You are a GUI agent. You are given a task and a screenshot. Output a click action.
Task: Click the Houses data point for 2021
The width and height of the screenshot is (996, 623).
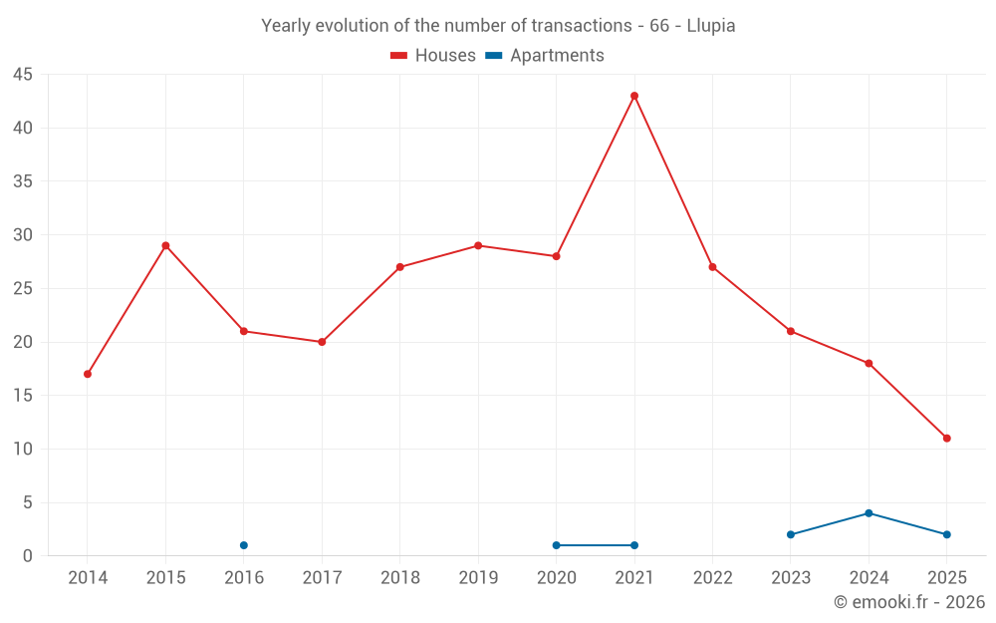tap(634, 96)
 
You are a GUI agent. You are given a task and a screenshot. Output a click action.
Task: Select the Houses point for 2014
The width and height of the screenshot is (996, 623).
tap(88, 374)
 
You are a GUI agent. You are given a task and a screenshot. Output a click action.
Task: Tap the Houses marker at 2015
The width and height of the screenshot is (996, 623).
tap(165, 245)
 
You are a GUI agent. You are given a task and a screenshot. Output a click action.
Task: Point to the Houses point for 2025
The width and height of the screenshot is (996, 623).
tap(946, 438)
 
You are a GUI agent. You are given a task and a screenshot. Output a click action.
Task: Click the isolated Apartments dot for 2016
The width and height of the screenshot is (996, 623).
tap(244, 545)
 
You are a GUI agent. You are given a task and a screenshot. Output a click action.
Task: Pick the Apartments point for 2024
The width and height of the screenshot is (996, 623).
tap(869, 513)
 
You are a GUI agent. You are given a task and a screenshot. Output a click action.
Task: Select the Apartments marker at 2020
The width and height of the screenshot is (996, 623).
tap(556, 545)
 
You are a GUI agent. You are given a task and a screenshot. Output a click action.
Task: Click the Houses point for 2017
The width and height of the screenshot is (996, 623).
tap(322, 342)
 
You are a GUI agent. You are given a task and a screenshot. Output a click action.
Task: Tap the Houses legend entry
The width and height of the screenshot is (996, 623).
tap(433, 56)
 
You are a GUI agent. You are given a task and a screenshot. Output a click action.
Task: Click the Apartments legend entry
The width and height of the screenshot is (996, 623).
tap(545, 56)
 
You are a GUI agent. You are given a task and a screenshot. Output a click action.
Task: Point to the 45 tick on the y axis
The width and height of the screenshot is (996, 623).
tap(23, 75)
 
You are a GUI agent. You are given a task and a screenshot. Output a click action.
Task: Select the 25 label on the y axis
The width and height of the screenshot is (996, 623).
tap(23, 289)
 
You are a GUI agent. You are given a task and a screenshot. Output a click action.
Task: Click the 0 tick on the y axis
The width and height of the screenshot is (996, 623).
tap(28, 556)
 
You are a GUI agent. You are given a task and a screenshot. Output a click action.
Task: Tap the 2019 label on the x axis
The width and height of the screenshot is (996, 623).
tap(478, 578)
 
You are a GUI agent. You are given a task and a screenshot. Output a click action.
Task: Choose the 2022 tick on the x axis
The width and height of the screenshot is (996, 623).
tap(712, 578)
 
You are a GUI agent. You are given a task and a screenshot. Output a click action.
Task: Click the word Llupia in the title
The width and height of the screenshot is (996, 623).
tap(711, 26)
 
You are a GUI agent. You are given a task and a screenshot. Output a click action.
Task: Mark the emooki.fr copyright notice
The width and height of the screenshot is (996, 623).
tap(908, 602)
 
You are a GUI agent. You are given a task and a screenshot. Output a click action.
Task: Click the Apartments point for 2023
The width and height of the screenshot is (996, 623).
tap(791, 534)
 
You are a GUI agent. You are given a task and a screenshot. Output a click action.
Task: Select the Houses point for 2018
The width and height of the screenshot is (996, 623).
tap(399, 267)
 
